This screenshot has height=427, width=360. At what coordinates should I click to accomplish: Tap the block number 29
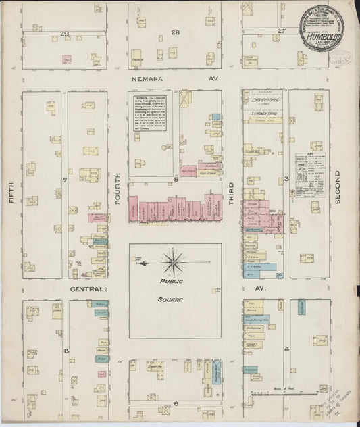pos(65,33)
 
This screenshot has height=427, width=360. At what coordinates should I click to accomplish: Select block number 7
pos(65,180)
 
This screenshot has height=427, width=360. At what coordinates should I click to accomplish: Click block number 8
pos(66,351)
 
